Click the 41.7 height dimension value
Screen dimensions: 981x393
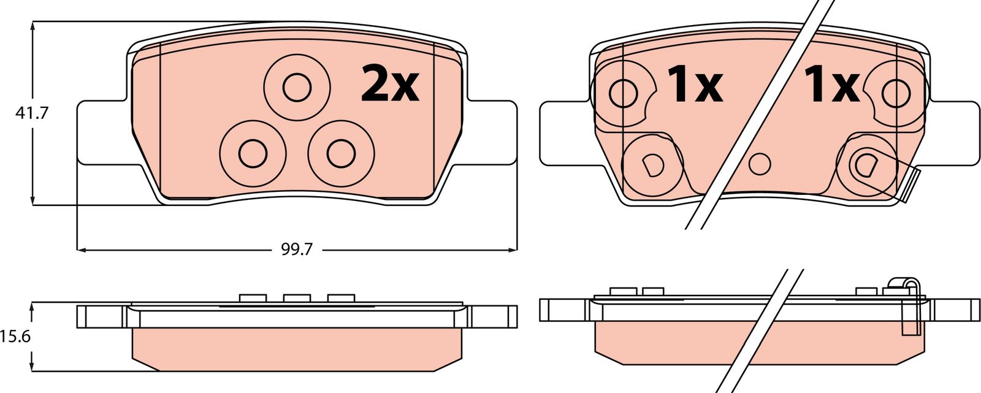(x=32, y=113)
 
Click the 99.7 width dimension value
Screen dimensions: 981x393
(x=297, y=250)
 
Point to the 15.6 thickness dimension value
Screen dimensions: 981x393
(x=15, y=337)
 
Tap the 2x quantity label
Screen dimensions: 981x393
(x=390, y=83)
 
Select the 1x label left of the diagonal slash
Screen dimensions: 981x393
(x=694, y=85)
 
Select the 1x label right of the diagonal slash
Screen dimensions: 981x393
(x=831, y=85)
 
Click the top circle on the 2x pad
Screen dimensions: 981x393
(x=297, y=88)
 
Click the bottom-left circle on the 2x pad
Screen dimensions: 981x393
(x=253, y=153)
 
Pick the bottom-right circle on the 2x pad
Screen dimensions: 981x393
(x=341, y=153)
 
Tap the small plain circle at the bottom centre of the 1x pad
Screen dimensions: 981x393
(x=760, y=164)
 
